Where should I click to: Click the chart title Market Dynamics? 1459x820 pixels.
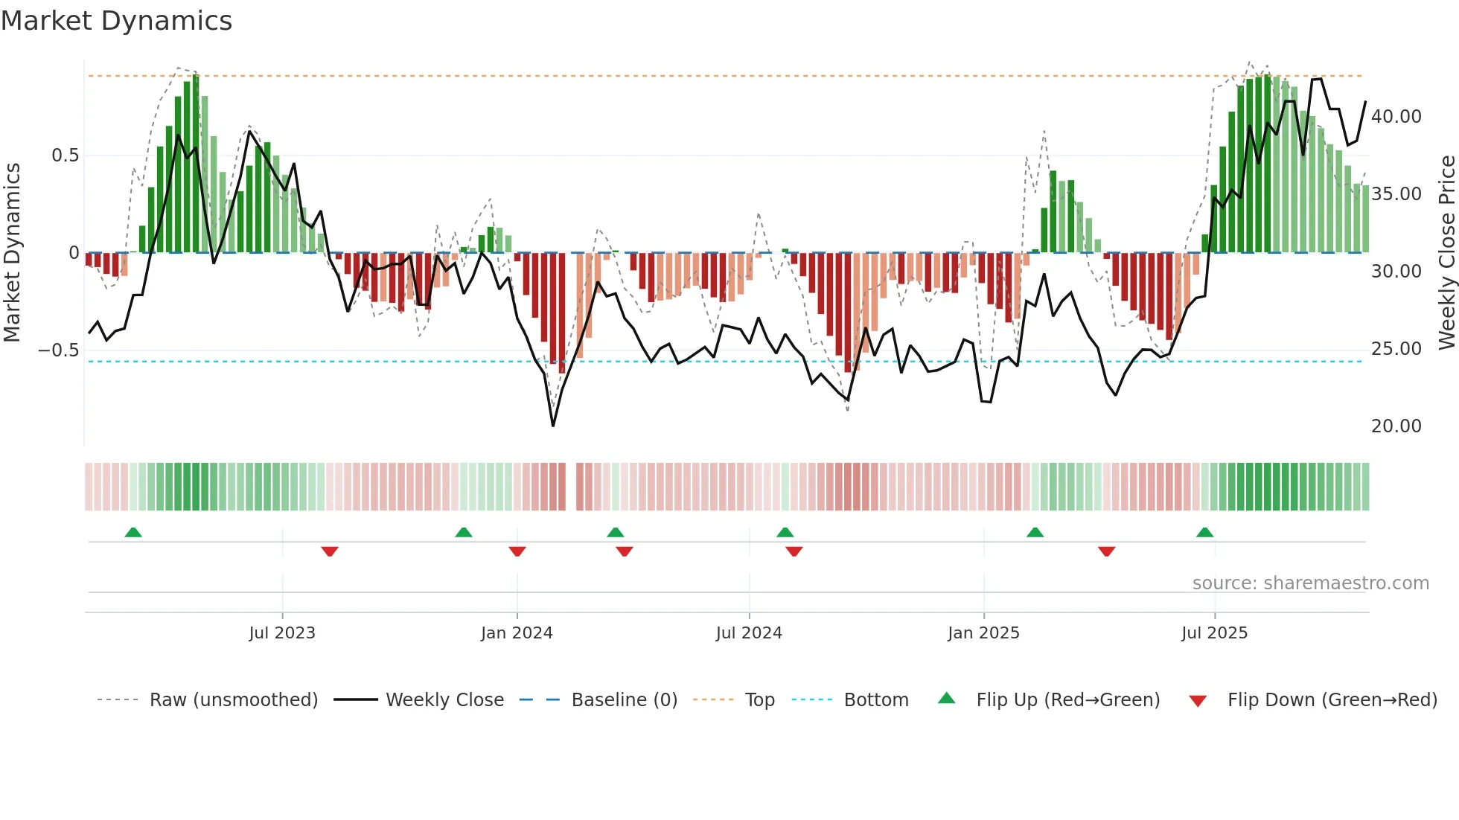[x=116, y=21]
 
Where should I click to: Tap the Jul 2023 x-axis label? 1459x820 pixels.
[x=282, y=633]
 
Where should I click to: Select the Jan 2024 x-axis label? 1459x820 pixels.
[x=517, y=633]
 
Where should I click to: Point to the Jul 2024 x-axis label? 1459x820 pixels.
[x=749, y=633]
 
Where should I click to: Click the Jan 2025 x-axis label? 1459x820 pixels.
[x=983, y=633]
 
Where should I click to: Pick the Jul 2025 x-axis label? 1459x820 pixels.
[x=1214, y=633]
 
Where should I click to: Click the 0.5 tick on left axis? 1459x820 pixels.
[x=65, y=156]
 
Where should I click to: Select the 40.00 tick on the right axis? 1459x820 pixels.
[x=1396, y=117]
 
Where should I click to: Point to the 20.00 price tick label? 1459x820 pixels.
[x=1396, y=426]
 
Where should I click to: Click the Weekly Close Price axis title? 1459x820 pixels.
[x=1446, y=252]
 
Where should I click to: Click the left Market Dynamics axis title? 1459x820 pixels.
[x=12, y=252]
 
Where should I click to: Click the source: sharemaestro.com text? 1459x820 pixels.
[x=1310, y=583]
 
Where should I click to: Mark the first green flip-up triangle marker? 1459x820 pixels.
[x=133, y=532]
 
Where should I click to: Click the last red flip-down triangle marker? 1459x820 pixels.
[x=1106, y=551]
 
